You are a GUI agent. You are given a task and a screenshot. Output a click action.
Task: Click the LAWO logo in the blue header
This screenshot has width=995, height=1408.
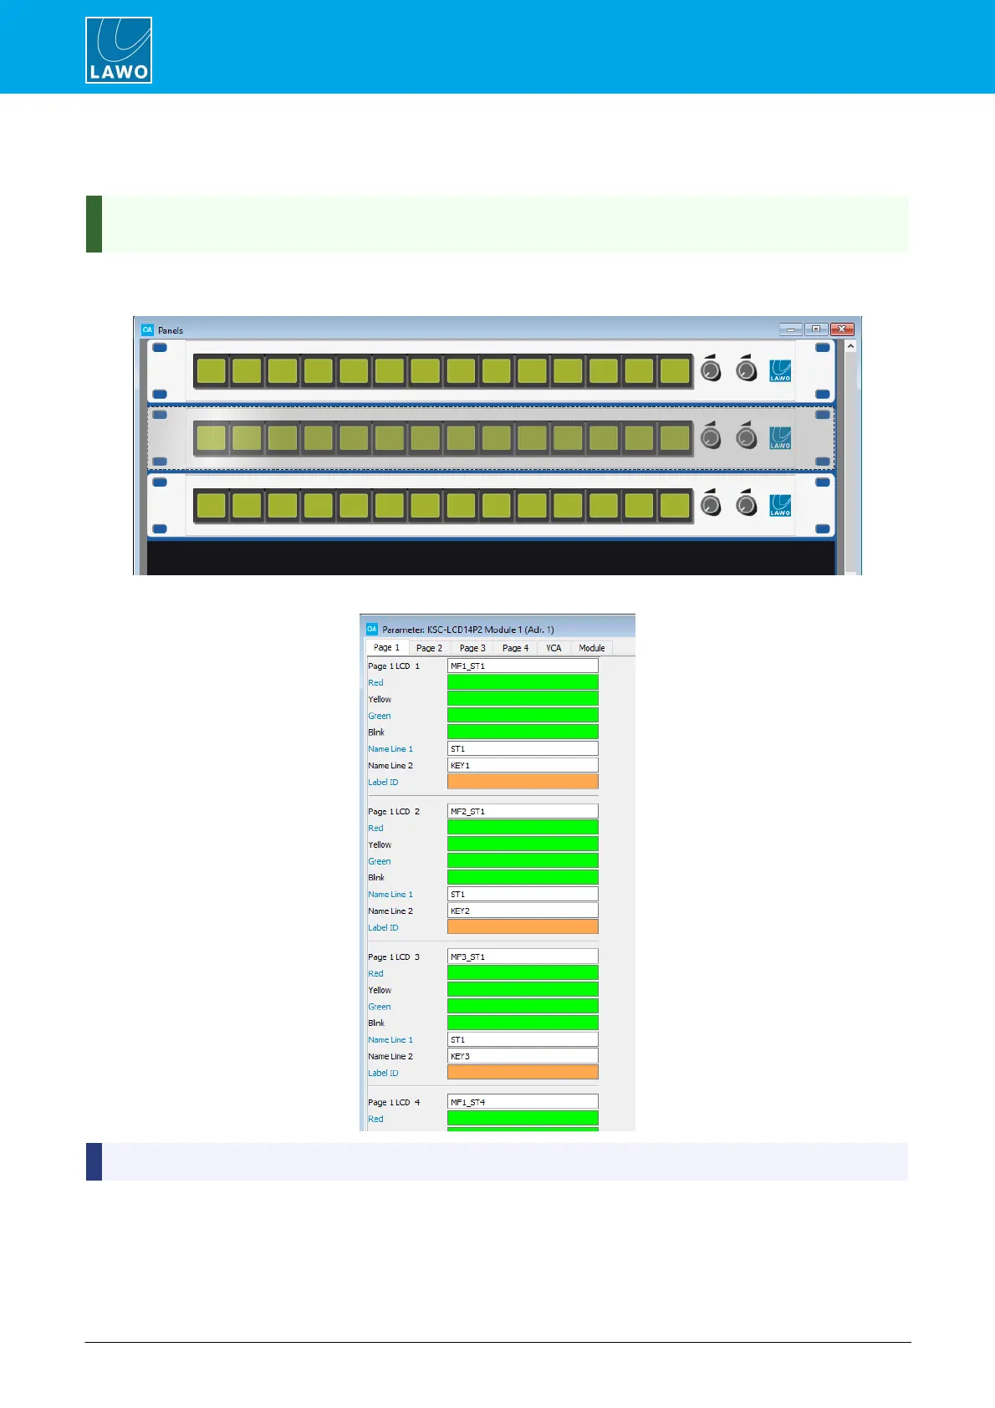click(x=119, y=50)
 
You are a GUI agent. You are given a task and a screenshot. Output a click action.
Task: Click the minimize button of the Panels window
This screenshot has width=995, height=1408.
click(x=790, y=329)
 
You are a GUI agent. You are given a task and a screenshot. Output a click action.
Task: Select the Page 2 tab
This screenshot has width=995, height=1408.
click(x=429, y=648)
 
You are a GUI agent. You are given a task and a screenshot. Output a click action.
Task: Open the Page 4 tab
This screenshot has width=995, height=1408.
click(x=515, y=648)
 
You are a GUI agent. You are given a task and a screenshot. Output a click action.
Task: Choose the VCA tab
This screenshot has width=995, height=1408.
click(x=554, y=648)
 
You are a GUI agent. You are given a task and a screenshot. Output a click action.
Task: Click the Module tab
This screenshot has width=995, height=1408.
click(x=591, y=648)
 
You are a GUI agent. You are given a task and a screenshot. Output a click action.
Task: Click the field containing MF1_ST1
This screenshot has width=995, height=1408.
click(x=523, y=666)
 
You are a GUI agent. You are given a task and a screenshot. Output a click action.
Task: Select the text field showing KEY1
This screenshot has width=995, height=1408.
click(x=523, y=766)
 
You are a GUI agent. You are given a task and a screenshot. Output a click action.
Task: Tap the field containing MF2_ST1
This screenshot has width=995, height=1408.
click(x=523, y=812)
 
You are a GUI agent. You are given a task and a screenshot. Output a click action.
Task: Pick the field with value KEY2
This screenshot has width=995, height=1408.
click(x=523, y=911)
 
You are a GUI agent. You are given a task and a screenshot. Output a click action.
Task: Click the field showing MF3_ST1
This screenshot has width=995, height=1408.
click(x=523, y=957)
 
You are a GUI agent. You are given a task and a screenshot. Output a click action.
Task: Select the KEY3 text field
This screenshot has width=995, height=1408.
click(x=523, y=1057)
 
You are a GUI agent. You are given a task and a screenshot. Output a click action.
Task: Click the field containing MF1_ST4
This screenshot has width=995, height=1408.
click(x=523, y=1103)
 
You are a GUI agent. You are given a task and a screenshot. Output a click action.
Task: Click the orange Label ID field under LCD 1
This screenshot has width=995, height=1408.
click(x=523, y=782)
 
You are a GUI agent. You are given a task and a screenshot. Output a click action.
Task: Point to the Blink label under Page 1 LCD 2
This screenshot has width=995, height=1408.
click(x=376, y=878)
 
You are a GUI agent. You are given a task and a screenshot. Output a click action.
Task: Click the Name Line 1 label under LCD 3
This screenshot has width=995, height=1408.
click(x=390, y=1040)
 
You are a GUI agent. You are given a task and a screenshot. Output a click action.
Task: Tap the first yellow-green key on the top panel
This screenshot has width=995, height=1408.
click(x=212, y=370)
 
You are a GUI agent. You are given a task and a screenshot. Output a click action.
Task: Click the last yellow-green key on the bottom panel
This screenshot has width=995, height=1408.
click(x=674, y=506)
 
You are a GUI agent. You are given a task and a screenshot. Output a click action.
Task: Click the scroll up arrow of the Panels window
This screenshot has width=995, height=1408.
click(x=850, y=346)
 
